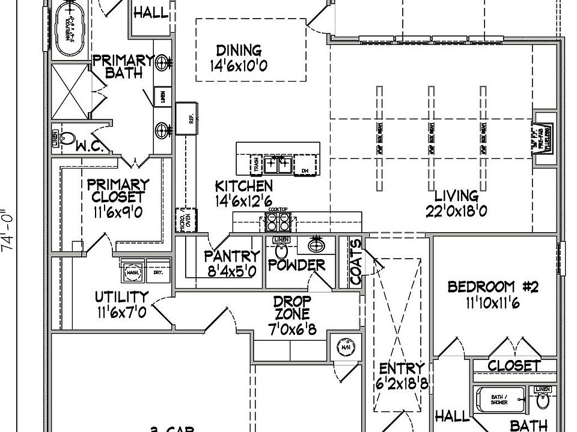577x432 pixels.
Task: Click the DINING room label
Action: click(239, 50)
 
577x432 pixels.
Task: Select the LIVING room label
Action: click(456, 196)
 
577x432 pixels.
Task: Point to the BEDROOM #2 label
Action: click(493, 287)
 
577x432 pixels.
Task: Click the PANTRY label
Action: click(231, 257)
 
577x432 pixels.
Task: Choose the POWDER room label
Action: click(296, 265)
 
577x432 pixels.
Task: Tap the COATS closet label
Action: click(356, 262)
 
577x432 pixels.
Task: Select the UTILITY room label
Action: click(121, 296)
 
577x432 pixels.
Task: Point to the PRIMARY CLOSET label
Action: click(118, 190)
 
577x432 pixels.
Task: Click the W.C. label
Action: click(91, 145)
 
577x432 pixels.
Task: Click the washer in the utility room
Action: click(132, 272)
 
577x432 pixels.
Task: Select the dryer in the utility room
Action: click(158, 272)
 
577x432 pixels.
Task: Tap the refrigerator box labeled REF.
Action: click(186, 119)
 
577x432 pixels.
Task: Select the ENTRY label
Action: click(402, 368)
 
